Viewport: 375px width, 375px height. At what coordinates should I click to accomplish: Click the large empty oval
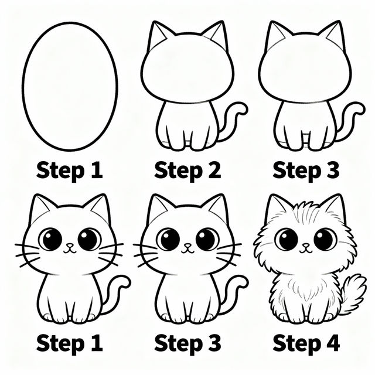70,83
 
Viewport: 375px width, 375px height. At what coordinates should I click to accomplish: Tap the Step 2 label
187,171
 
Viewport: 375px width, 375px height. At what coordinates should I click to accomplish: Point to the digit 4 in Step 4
332,342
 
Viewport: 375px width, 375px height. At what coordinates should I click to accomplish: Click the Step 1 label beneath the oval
69,171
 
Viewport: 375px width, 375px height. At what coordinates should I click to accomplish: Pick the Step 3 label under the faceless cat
306,171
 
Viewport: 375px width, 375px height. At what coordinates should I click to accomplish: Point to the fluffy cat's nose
305,247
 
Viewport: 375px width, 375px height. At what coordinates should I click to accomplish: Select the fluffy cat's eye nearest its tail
324,238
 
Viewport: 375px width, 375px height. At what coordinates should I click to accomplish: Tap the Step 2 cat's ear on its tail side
216,36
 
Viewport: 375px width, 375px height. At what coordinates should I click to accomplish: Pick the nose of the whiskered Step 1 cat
70,247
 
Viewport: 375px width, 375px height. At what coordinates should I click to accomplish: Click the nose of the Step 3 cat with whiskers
187,247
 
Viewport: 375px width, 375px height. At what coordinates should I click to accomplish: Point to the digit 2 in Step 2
213,171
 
